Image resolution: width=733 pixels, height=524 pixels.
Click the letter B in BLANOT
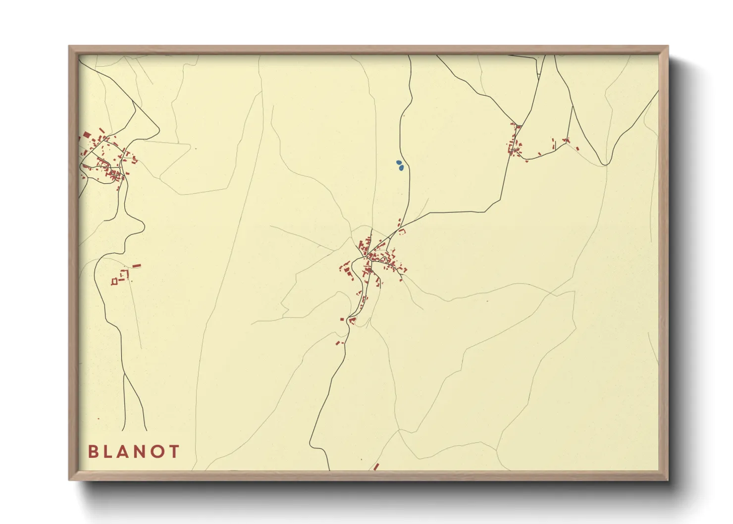pos(93,451)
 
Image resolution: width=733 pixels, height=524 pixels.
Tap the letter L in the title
pos(110,451)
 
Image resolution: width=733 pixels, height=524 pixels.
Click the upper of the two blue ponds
pos(399,162)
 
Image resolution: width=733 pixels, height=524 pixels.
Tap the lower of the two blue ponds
pos(401,168)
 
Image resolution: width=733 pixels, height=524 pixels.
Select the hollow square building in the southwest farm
pos(114,281)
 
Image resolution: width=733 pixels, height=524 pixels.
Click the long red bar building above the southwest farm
pos(137,266)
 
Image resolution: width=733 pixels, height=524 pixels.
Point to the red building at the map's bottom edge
pos(376,467)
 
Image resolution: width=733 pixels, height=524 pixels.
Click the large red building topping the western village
pos(87,135)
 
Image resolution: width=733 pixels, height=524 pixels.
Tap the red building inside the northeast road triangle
pos(554,145)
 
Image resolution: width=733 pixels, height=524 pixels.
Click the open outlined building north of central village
pos(402,231)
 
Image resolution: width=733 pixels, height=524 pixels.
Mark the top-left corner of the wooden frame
pos(69,47)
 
